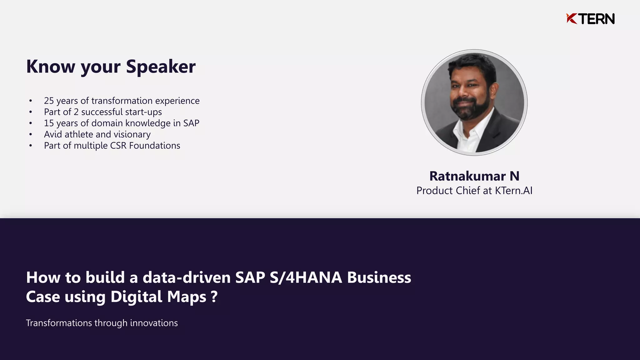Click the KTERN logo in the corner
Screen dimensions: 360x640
tap(590, 19)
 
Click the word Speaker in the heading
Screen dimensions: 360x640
tap(161, 67)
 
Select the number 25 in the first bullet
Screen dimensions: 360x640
tap(49, 101)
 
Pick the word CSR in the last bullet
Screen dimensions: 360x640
tap(118, 146)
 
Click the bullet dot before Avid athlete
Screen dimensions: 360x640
tap(31, 135)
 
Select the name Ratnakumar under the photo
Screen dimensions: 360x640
tap(467, 176)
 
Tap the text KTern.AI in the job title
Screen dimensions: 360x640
tap(513, 190)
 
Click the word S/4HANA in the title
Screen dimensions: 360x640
tap(306, 277)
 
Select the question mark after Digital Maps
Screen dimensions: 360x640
tap(214, 296)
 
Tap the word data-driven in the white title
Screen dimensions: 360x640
tap(187, 277)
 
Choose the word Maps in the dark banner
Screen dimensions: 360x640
tap(187, 296)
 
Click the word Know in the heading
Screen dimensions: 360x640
tap(51, 67)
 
